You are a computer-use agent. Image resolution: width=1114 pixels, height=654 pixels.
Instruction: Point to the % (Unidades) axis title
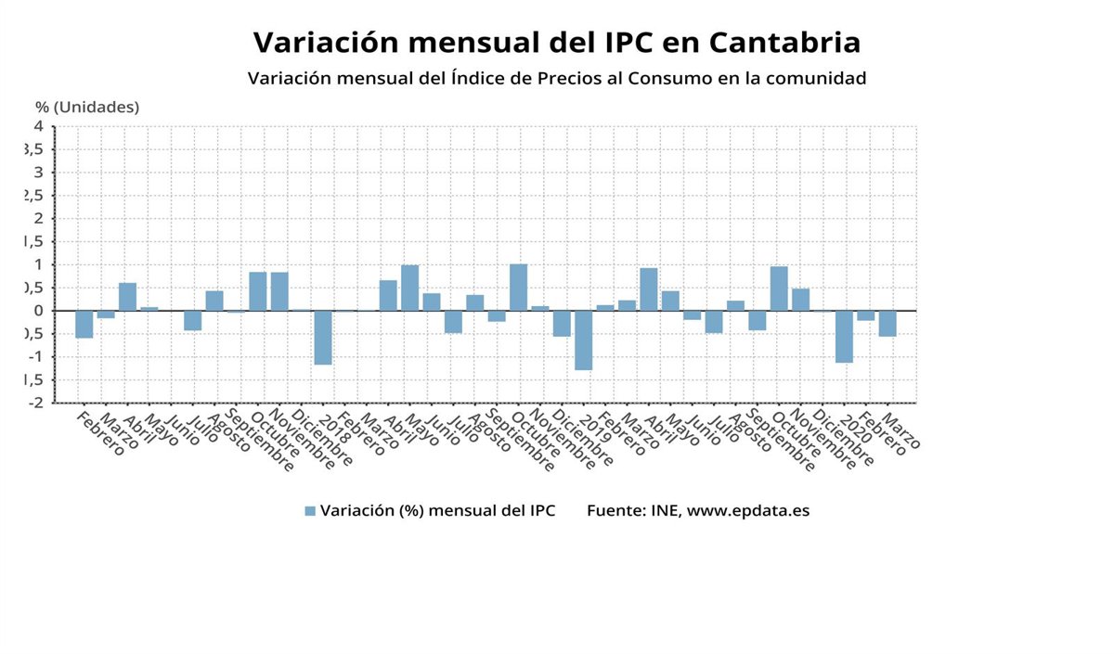click(x=87, y=107)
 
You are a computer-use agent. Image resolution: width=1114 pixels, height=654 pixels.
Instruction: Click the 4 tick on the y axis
click(x=39, y=126)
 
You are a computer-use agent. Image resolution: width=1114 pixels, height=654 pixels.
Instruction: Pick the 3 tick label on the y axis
click(x=39, y=173)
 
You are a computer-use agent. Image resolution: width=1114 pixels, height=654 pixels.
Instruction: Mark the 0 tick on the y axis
click(x=39, y=311)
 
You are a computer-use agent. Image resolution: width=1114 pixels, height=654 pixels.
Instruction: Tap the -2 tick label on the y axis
click(x=35, y=403)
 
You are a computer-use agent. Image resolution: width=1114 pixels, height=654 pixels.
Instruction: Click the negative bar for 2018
click(x=323, y=337)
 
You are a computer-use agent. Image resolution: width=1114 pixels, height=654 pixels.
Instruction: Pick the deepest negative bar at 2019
click(x=583, y=340)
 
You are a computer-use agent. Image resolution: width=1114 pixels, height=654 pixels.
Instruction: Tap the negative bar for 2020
click(x=844, y=336)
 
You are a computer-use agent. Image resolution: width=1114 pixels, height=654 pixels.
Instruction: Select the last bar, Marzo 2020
click(x=887, y=323)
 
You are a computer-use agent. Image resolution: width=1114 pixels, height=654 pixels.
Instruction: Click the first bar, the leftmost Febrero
click(x=84, y=324)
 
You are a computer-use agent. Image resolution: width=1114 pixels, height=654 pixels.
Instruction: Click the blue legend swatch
click(x=310, y=511)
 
